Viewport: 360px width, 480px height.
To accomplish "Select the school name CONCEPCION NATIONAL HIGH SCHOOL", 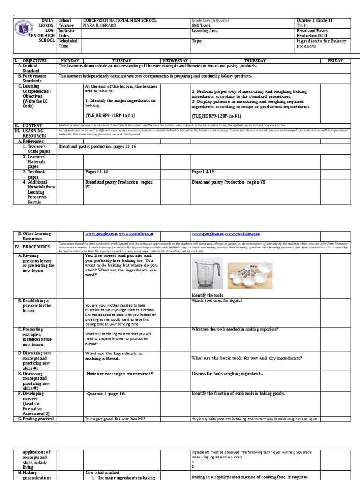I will (120, 21).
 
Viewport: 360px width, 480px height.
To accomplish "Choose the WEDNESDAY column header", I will (175, 61).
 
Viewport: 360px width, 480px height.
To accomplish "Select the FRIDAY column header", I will (335, 61).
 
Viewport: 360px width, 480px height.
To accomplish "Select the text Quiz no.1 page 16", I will (106, 394).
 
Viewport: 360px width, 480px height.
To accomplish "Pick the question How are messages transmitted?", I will (120, 374).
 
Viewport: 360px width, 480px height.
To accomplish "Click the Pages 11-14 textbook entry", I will (97, 172).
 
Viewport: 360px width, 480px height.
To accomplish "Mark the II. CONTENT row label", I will (29, 126).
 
